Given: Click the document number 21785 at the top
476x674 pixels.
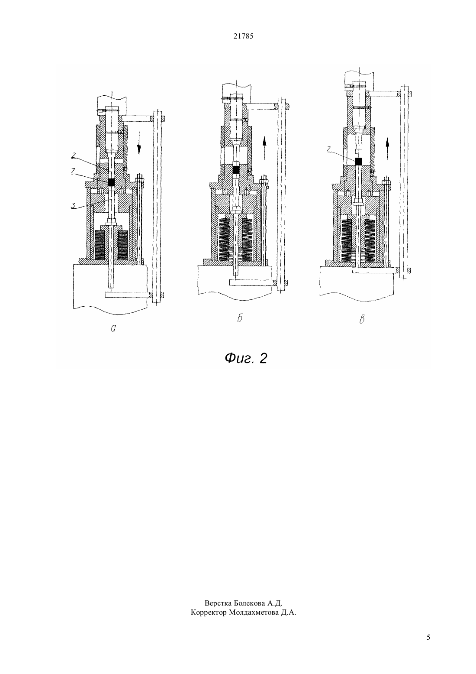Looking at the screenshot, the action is tap(243, 36).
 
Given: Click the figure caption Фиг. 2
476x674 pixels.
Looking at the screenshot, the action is tap(246, 358).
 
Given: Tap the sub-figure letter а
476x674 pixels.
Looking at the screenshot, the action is tap(113, 329).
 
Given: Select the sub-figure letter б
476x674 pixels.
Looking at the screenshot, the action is tap(239, 318).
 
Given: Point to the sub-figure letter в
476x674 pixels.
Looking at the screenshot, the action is tap(362, 319).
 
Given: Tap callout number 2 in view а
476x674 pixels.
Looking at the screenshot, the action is tap(73, 155).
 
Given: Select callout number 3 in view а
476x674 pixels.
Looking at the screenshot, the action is tap(73, 206).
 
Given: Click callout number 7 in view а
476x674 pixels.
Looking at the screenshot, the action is tap(73, 171).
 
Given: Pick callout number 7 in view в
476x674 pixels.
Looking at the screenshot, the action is tap(329, 148).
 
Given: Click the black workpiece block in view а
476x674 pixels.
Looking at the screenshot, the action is tap(112, 182).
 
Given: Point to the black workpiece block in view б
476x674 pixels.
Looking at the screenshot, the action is tap(236, 170).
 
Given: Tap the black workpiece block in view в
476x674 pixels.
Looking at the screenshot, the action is tap(358, 161).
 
